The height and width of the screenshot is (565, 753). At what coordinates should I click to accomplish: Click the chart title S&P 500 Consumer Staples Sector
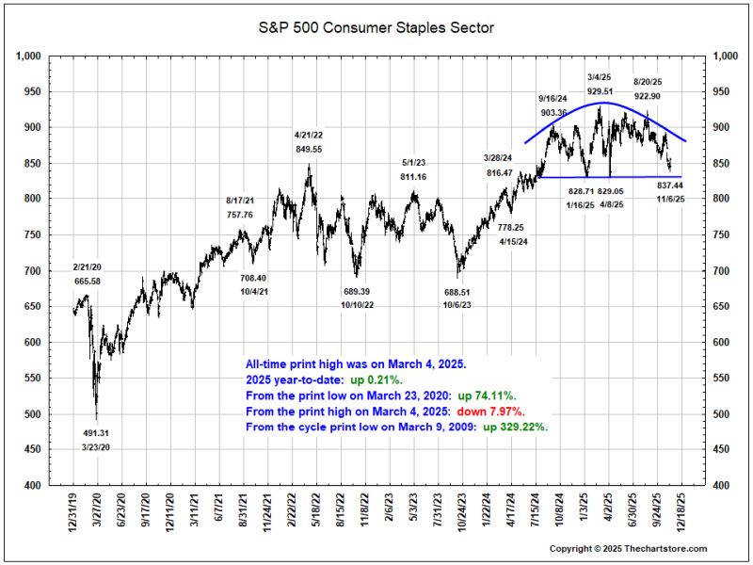point(376,28)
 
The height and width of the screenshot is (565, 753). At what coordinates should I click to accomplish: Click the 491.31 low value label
point(96,433)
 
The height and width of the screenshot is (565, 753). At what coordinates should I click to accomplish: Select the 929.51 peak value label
point(600,90)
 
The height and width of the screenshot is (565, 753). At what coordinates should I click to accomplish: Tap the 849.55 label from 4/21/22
point(309,149)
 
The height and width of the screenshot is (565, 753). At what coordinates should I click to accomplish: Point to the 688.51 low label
point(457,292)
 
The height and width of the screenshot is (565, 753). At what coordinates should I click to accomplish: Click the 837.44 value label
point(670,185)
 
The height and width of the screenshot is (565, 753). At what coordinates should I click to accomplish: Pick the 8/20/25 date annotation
point(648,82)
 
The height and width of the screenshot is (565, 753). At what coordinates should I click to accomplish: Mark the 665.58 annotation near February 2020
point(88,281)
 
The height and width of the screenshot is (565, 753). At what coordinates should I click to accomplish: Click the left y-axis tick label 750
point(33,234)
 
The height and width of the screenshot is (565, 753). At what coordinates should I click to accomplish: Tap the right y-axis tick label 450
point(721,449)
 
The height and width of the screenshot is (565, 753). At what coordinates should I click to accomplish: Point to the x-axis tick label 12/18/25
point(681,509)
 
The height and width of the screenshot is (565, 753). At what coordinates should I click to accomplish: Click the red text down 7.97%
point(490,412)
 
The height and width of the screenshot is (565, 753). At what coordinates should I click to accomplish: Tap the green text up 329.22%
point(515,427)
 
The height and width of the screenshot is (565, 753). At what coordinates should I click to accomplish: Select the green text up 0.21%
point(376,379)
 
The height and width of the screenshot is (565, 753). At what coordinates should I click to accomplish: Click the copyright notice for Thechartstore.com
point(628,548)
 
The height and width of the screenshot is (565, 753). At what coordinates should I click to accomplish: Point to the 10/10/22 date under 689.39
point(357,305)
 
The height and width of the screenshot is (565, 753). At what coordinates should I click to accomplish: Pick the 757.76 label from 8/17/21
point(240,215)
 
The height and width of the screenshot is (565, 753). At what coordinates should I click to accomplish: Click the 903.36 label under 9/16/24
point(553,112)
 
